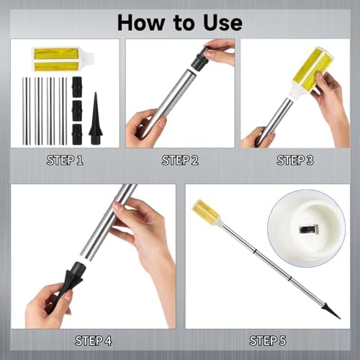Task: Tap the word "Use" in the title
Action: (x=222, y=22)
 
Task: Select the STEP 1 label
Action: (x=65, y=161)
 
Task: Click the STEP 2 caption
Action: (x=180, y=161)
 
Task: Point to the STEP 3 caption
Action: (x=295, y=161)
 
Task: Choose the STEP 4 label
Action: (x=94, y=341)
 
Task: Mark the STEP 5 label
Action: (x=268, y=341)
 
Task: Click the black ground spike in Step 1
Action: (x=96, y=118)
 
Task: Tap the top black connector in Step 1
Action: (x=77, y=87)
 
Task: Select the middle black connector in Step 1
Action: (x=77, y=111)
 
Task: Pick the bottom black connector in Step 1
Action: (x=77, y=134)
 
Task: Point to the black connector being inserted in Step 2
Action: (x=199, y=60)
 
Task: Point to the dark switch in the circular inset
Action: (x=308, y=230)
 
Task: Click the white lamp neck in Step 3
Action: (x=294, y=92)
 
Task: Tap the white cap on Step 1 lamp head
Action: (x=86, y=59)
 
